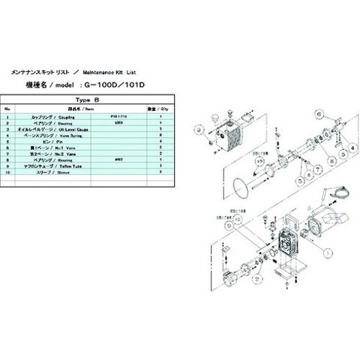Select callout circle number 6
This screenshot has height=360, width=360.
coord(318,115)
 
